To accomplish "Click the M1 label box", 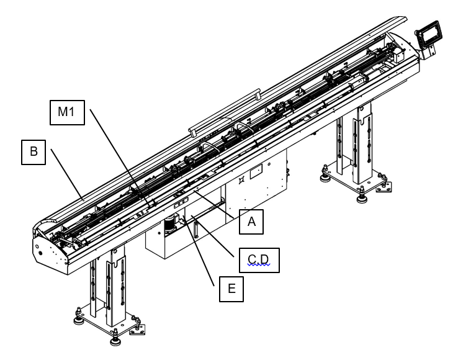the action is point(67,112).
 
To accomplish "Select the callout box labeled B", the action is point(34,152).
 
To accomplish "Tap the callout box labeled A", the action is point(251,222).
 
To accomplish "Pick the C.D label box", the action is point(259,260).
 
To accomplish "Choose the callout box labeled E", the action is point(231,289).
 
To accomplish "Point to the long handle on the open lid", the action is point(225,111).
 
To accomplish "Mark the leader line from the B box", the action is point(66,174).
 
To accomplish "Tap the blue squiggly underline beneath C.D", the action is point(259,265).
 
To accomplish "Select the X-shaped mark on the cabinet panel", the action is point(241,181).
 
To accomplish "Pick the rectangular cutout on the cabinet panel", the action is point(256,172).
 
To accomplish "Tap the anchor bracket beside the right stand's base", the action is point(384,187).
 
